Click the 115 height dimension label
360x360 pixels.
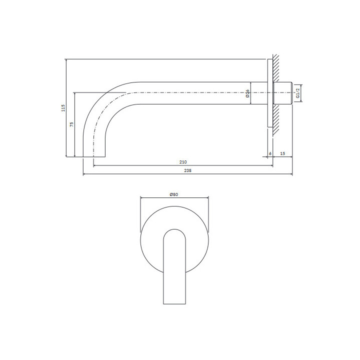(x=63, y=107)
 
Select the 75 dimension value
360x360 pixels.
(x=71, y=124)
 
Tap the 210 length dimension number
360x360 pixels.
(x=182, y=162)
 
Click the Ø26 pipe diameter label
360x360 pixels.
(x=248, y=93)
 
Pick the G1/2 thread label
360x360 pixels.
(x=297, y=93)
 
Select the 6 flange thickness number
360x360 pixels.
(x=270, y=153)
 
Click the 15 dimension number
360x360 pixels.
(x=283, y=153)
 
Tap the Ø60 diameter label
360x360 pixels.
(x=174, y=193)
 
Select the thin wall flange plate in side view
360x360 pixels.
(x=270, y=92)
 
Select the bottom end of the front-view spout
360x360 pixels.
(x=174, y=303)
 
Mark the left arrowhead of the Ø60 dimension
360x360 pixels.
(x=141, y=196)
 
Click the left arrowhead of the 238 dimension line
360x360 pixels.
(x=84, y=174)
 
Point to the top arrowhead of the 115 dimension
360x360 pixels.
(x=66, y=60)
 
